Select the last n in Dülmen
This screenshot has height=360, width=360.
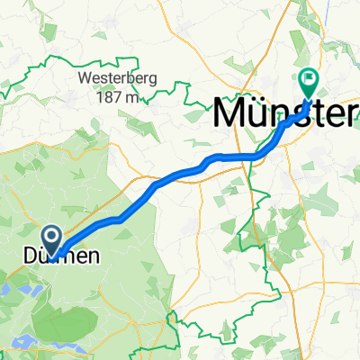(92, 257)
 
